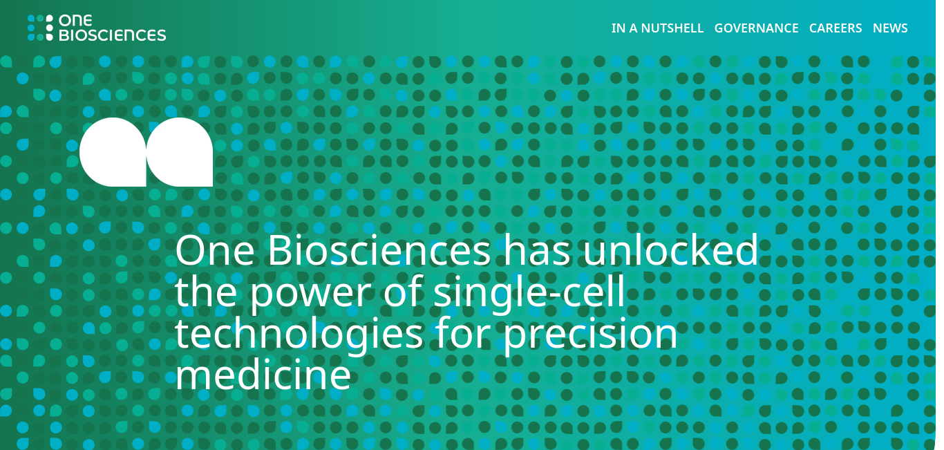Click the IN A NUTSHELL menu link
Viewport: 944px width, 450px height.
[657, 28]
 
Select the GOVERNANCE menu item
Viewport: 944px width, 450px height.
[757, 28]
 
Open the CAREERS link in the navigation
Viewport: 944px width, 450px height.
[836, 28]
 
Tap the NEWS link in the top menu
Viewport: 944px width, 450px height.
[890, 28]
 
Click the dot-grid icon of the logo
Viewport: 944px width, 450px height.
[41, 28]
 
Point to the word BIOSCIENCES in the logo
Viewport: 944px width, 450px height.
[113, 35]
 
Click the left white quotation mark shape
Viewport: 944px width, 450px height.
[113, 152]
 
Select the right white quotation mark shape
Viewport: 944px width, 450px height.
[180, 152]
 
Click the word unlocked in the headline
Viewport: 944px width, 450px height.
[670, 251]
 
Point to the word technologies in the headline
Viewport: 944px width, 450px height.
[299, 333]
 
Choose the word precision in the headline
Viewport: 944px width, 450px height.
[590, 334]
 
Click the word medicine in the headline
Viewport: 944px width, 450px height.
[263, 374]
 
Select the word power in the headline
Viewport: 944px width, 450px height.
[310, 294]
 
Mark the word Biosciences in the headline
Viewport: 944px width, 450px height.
[379, 251]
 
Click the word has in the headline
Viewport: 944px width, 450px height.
[537, 251]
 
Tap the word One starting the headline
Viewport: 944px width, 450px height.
[215, 251]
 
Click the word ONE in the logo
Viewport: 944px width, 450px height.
[75, 20]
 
